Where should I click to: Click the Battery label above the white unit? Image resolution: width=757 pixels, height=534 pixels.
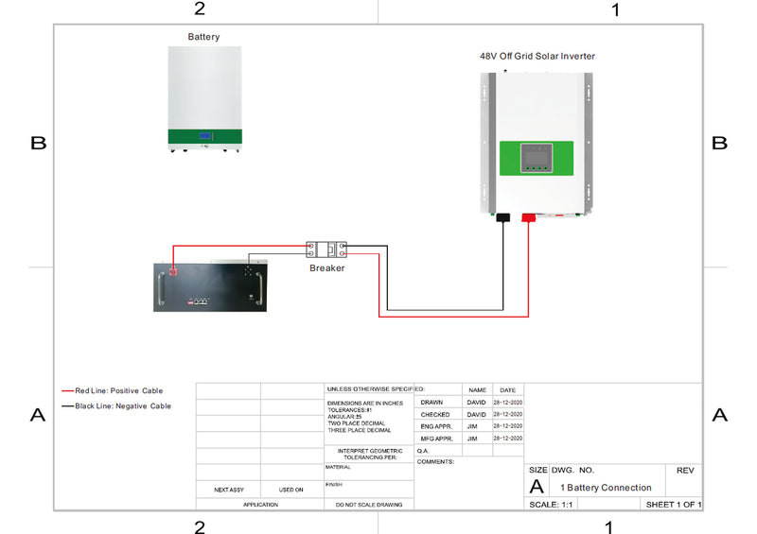click(203, 37)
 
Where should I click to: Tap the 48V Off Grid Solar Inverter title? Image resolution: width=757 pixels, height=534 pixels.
click(537, 56)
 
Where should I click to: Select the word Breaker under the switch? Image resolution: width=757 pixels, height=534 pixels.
click(327, 268)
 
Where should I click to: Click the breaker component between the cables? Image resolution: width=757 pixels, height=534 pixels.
click(327, 250)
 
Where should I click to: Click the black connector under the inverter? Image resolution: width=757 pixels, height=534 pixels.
click(503, 217)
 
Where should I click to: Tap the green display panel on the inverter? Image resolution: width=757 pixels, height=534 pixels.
click(537, 158)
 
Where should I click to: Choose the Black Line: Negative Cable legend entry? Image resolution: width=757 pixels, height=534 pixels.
click(115, 405)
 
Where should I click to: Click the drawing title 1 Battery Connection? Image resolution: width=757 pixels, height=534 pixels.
click(606, 488)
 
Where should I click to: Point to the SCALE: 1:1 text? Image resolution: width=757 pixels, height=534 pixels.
click(544, 505)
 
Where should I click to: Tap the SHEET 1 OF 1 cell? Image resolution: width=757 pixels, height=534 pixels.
click(674, 505)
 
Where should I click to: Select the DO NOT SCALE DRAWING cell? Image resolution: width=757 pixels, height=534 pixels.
click(369, 505)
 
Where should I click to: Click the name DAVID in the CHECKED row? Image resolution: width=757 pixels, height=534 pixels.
click(476, 414)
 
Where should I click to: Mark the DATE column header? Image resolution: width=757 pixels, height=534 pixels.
click(507, 389)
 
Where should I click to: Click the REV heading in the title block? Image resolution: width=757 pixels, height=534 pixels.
click(684, 470)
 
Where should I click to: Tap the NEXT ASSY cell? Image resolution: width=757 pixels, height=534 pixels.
click(228, 490)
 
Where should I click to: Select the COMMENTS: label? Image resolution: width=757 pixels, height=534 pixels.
click(436, 462)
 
